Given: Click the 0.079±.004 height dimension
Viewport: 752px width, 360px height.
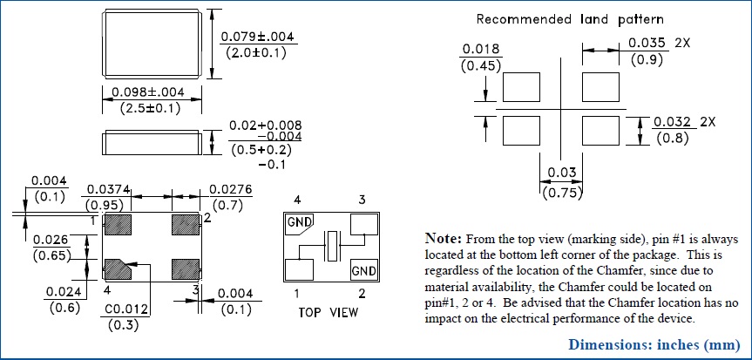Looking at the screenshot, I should (x=259, y=37).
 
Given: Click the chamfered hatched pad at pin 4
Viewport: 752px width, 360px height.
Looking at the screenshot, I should (x=118, y=266).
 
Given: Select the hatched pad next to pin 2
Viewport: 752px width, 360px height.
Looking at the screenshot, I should (x=186, y=224).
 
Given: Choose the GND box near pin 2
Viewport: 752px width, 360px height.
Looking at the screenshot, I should (x=363, y=271).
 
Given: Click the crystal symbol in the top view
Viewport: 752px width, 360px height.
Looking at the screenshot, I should (x=331, y=248).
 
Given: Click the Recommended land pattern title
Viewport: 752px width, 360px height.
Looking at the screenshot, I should (x=571, y=18).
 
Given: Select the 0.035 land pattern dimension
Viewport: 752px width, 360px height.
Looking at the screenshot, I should (x=647, y=42).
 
